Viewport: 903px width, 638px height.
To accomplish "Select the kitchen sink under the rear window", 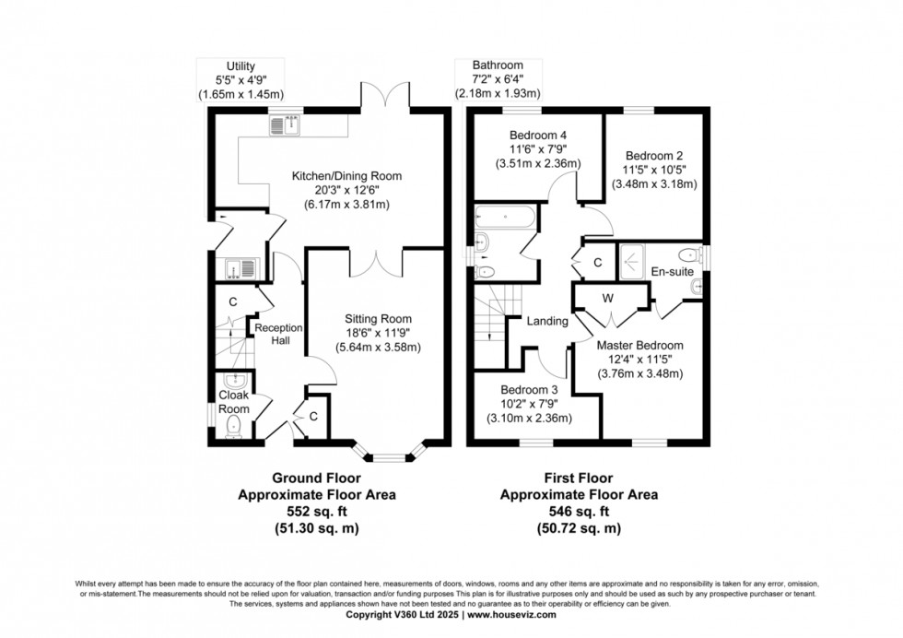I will [x=285, y=124].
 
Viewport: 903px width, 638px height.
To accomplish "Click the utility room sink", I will [x=240, y=268].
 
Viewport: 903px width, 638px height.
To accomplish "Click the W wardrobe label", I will [x=608, y=298].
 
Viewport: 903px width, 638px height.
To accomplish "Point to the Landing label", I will [x=546, y=322].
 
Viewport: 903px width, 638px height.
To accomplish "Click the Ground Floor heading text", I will [x=316, y=478].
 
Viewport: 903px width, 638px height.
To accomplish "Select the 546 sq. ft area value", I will [x=579, y=512].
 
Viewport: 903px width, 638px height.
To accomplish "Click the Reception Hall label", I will [x=273, y=334].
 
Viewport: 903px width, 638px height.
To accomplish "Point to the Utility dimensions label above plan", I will [x=240, y=79].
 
